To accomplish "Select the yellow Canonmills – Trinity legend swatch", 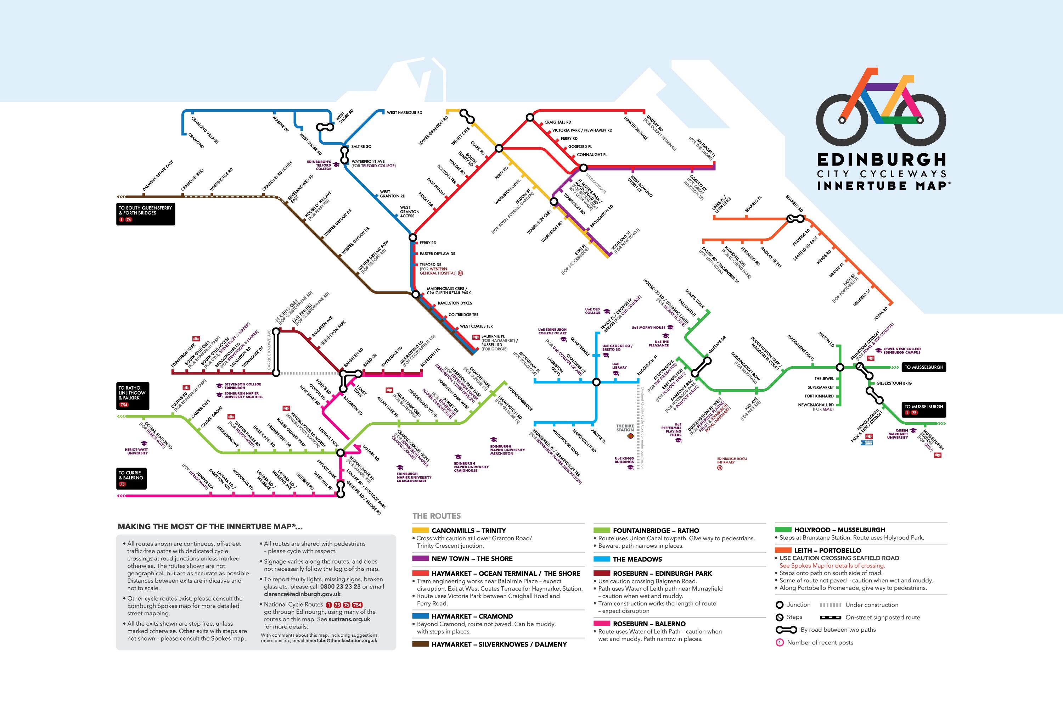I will (x=420, y=530).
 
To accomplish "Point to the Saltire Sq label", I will (x=361, y=146).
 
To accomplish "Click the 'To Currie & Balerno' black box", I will (x=131, y=478).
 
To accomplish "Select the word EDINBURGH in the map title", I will (x=881, y=160).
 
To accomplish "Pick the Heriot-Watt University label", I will (x=137, y=451).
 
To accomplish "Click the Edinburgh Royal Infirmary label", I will (x=732, y=460).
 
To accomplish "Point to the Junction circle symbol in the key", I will (x=779, y=604).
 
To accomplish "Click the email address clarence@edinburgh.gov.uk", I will (x=302, y=594).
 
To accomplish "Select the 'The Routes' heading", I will (x=436, y=516).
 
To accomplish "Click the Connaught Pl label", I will (x=592, y=155).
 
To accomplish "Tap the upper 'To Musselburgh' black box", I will (x=923, y=367).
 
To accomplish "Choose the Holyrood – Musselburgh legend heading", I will (x=839, y=530).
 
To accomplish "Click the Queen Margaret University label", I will (x=897, y=434).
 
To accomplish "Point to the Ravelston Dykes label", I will (x=454, y=303).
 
